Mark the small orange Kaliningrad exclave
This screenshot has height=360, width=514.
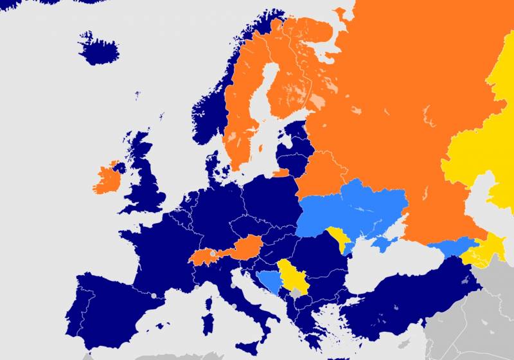pos(281,173)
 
